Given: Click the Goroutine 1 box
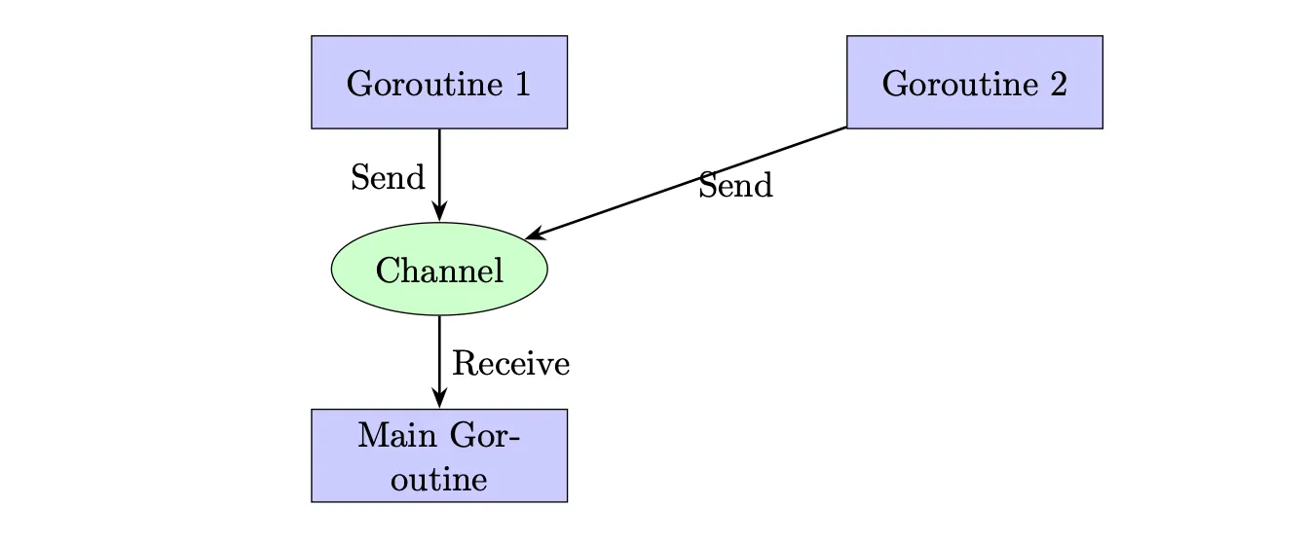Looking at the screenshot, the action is pos(439,82).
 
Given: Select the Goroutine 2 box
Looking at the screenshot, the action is pos(975,82).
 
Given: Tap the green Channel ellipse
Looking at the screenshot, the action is pos(439,270).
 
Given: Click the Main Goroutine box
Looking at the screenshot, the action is pos(439,455).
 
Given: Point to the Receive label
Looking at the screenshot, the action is pos(510,363).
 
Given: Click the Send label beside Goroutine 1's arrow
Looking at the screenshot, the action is pos(388,177).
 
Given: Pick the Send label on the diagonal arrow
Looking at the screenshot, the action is pos(735,185).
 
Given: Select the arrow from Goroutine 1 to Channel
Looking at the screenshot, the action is pos(439,175).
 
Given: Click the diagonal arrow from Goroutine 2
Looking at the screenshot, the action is pos(686,183).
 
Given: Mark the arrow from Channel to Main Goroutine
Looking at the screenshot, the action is pos(439,362).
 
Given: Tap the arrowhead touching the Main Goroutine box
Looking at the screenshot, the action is pos(439,398).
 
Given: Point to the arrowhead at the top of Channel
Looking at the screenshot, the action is pos(439,211).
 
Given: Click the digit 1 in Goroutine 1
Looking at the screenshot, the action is pos(522,84).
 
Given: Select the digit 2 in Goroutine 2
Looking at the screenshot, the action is pos(1059,84).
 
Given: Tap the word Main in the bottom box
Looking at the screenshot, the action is pos(397,436).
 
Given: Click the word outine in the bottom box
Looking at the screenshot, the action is pos(439,479).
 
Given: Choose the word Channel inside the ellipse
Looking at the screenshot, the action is pos(439,271).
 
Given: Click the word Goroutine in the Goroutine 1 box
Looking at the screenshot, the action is pos(425,84).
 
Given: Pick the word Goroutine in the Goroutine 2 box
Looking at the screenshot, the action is pos(960,84).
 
